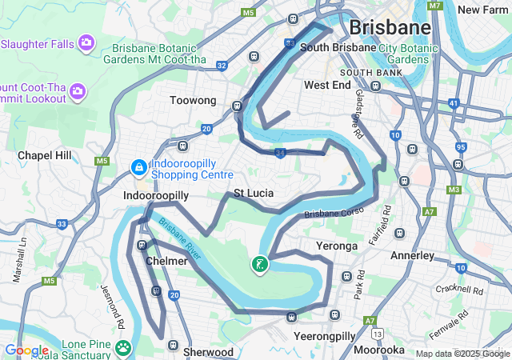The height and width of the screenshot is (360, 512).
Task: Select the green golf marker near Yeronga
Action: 259,264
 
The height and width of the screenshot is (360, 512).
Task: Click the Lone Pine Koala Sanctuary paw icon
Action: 123,347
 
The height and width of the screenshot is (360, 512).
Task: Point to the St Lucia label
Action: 254,194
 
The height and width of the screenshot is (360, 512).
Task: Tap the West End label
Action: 327,85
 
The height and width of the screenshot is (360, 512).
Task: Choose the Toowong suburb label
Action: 193,101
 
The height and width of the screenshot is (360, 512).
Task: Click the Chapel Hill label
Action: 45,154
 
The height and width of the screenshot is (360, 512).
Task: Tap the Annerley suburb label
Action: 412,256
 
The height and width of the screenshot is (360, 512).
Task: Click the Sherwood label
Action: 208,352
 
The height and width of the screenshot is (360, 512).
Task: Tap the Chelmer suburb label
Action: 167,261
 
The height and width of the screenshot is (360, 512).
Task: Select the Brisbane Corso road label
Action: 333,213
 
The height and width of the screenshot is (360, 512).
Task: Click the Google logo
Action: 26,350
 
